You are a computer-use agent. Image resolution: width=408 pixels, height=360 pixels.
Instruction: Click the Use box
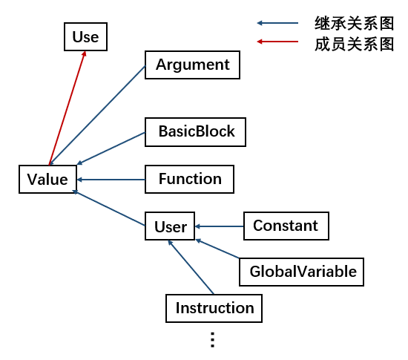[85, 36]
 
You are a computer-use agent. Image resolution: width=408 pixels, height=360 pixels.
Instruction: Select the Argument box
[192, 65]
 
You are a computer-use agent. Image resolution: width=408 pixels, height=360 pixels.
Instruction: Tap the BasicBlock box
[195, 132]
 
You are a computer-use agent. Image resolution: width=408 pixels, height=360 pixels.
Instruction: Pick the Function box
[189, 179]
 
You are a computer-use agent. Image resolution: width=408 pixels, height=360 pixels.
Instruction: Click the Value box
[48, 179]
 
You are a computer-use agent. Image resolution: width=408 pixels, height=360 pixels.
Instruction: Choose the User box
[170, 226]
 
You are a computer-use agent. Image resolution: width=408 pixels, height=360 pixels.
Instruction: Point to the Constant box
[286, 226]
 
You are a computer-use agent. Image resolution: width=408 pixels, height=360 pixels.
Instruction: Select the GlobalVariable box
[301, 272]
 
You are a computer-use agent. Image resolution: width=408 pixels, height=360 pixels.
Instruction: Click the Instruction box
[214, 308]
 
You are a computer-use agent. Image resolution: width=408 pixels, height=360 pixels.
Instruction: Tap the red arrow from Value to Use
[67, 108]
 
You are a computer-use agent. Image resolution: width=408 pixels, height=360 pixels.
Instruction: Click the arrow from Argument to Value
[97, 115]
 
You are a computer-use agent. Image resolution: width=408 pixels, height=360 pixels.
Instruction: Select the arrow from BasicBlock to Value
[111, 148]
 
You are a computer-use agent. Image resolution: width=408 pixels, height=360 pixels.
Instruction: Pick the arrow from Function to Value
[111, 180]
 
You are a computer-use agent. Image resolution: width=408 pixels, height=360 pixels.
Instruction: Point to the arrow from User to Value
[108, 208]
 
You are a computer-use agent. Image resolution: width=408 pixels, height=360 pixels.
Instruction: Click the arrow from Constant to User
[220, 226]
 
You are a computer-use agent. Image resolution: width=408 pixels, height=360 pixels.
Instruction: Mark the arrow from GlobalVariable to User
[217, 249]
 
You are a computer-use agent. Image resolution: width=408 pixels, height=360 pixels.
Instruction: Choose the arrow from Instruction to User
[191, 267]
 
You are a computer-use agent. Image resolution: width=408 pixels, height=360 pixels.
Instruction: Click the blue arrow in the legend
[277, 23]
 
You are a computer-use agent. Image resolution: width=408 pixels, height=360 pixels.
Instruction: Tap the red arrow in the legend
[277, 42]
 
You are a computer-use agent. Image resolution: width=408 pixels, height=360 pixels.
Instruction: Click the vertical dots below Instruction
[213, 340]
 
